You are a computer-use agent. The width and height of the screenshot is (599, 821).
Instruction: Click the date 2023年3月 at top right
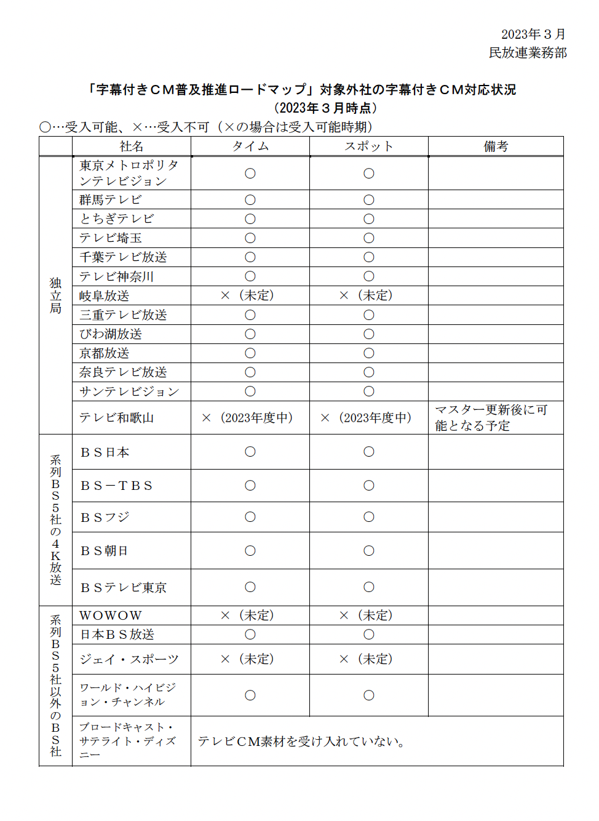[x=533, y=34]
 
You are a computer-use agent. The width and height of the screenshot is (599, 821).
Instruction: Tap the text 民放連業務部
[x=528, y=53]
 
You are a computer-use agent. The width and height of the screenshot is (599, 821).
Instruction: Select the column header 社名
[x=132, y=146]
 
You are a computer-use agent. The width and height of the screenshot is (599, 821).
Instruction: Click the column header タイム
[x=250, y=146]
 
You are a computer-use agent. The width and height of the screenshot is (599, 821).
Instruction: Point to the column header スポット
[x=369, y=146]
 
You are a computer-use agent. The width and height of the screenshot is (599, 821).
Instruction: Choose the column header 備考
[x=496, y=146]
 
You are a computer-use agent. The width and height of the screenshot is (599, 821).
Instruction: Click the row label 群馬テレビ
[x=111, y=200]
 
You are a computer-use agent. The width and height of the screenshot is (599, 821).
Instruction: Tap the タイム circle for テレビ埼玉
[x=250, y=238]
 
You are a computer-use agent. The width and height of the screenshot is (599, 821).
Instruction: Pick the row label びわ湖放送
[x=111, y=334]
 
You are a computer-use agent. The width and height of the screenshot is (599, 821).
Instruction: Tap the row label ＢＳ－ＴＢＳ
[x=117, y=486]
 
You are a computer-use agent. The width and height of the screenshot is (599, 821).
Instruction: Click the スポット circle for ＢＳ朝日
[x=369, y=551]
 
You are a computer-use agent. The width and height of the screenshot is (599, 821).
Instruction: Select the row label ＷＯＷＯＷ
[x=111, y=616]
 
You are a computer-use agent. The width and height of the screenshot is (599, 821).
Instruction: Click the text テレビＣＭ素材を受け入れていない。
[x=301, y=742]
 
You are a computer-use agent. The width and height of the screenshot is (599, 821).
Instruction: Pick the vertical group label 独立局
[x=56, y=295]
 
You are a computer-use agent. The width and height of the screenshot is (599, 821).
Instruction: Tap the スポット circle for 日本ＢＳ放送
[x=369, y=635]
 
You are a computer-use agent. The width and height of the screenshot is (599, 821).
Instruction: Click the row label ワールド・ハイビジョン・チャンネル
[x=128, y=695]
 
